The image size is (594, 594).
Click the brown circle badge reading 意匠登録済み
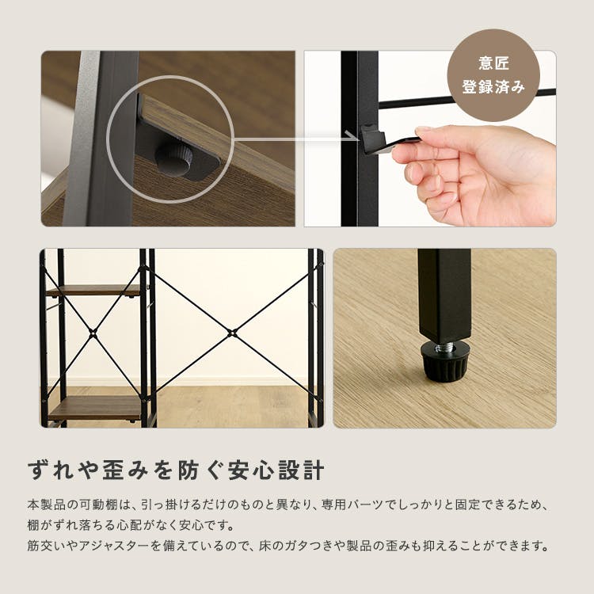[x=493, y=75]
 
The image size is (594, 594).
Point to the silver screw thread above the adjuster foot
[x=444, y=348]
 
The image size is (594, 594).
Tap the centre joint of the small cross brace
[x=93, y=333]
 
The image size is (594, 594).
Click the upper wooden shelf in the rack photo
[x=93, y=291]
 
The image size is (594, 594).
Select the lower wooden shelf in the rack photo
[x=94, y=408]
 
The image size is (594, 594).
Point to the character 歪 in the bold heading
[x=114, y=470]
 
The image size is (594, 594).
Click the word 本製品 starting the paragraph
[x=46, y=505]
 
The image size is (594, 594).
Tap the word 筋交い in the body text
[x=46, y=546]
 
